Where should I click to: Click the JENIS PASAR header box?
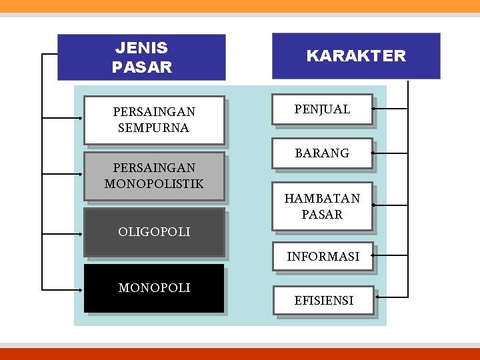coord(141,57)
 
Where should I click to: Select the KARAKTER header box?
coord(356,56)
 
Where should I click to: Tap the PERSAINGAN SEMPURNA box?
coord(154,120)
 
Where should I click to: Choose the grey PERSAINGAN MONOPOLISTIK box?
coord(154,176)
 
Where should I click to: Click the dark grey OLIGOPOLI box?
coord(154,232)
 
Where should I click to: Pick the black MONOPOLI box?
coord(154,288)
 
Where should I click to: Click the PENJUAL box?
coord(322,109)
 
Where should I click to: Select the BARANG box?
coord(322,153)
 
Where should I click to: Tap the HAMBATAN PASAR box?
coord(322,207)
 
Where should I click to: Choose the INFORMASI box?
coord(323,256)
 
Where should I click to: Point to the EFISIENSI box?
coord(324,301)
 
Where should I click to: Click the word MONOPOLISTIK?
coord(154,183)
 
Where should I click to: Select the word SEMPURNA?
coord(153,128)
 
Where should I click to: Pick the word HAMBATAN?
coord(322,199)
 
